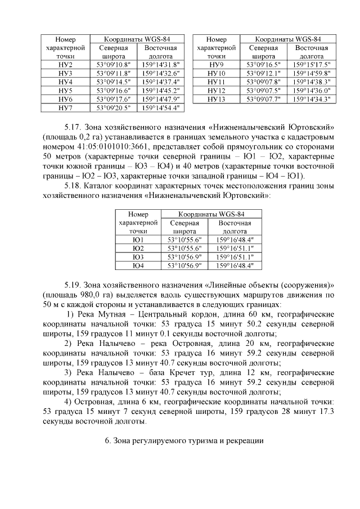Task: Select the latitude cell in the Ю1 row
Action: [x=184, y=239]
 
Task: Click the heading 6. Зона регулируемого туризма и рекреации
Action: [x=183, y=441]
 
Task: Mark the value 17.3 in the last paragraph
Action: [x=326, y=411]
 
